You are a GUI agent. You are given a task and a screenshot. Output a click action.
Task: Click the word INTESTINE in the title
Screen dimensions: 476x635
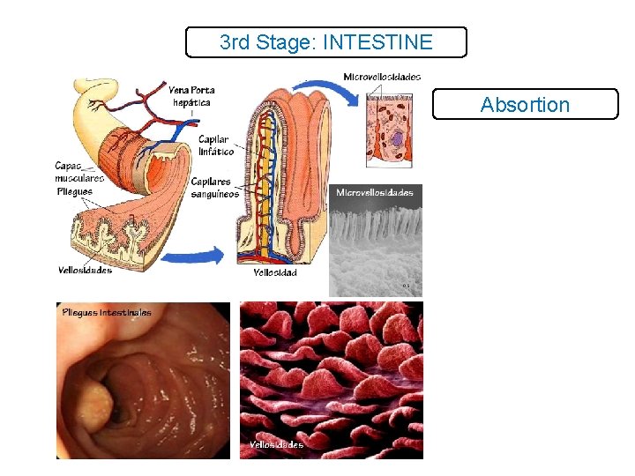coord(378,42)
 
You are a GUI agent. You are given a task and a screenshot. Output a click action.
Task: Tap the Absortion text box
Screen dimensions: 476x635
coord(525,105)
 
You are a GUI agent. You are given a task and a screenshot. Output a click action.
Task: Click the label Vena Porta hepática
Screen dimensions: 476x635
coord(191,96)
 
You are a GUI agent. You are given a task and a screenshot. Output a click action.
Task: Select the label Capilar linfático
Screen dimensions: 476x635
coord(215,145)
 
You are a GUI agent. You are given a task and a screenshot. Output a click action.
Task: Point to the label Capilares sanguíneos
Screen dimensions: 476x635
coord(215,188)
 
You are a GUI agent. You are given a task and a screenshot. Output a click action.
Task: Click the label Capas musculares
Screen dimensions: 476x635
coord(78,172)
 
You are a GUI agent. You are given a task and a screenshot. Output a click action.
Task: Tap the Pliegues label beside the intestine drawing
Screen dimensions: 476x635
coord(75,190)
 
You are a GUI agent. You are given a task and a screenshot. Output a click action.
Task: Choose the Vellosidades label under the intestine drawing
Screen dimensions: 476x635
coord(86,270)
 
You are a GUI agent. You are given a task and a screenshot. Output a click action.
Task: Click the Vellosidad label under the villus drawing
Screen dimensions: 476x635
coord(274,273)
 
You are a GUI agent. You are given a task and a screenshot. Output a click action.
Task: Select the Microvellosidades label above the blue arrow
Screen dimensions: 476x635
coord(382,77)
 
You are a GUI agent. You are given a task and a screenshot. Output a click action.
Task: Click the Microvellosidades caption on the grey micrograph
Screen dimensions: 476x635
coord(374,192)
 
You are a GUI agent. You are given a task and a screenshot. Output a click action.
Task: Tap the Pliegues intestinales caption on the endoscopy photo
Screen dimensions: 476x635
coord(107,312)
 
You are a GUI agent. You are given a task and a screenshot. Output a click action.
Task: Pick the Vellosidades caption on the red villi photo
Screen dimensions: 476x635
coord(276,445)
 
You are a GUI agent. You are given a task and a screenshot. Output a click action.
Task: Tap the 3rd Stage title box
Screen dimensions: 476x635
coord(325,42)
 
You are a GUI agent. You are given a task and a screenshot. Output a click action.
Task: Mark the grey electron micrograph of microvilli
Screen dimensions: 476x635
coord(375,242)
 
